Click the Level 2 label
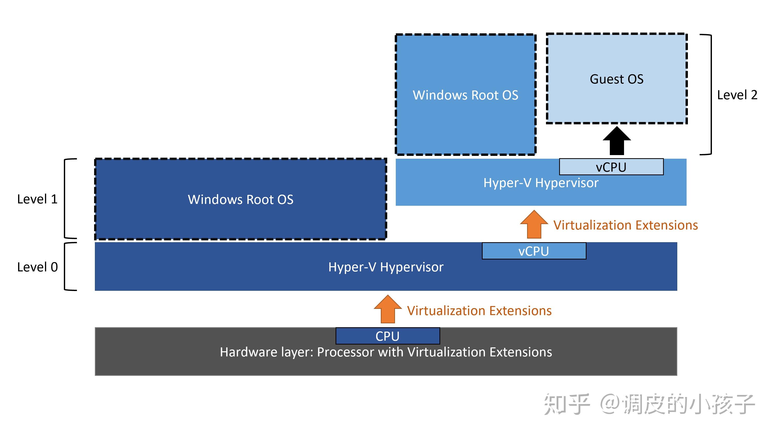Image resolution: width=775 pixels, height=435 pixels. pos(737,95)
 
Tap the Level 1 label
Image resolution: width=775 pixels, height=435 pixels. pos(37,199)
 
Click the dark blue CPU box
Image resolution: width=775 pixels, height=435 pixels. pos(387,336)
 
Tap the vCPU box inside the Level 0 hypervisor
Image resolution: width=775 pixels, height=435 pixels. pos(534,251)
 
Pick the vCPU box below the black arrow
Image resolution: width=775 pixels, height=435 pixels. pos(611,167)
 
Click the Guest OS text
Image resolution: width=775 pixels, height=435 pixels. pos(617,79)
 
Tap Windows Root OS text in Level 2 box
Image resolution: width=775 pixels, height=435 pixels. pos(465,95)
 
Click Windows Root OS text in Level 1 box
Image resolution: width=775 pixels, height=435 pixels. pos(240,200)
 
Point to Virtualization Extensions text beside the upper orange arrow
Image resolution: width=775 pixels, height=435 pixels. pos(626,225)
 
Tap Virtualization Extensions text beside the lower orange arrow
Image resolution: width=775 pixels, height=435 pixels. pos(479,311)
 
